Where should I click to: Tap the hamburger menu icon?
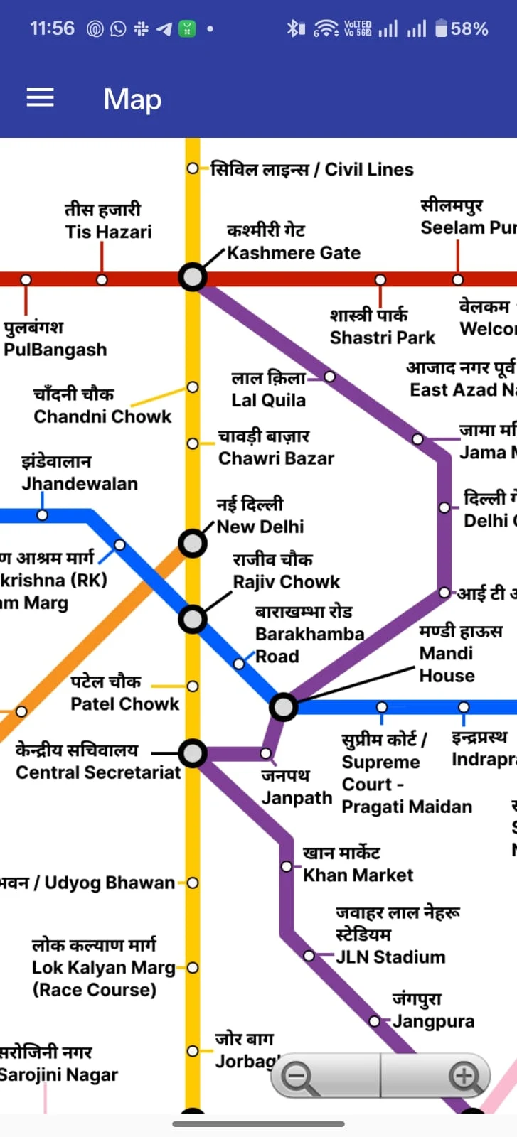tap(41, 98)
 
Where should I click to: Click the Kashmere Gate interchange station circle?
tap(192, 276)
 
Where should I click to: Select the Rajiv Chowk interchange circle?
tap(192, 619)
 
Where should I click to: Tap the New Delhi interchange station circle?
tap(192, 544)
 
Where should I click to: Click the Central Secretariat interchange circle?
tap(192, 753)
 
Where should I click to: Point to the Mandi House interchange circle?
tap(283, 707)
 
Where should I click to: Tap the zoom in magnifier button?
tap(464, 1076)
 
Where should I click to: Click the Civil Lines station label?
tap(312, 169)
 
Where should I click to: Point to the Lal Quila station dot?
tap(329, 376)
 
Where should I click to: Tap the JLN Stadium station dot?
tap(309, 956)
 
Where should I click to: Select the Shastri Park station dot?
tap(380, 280)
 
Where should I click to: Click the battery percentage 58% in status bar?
tap(469, 29)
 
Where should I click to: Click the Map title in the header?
tap(132, 99)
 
